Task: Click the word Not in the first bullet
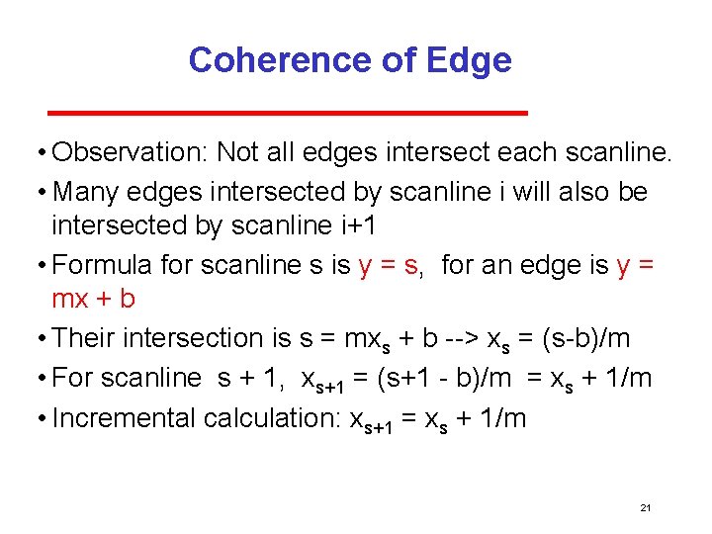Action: [237, 152]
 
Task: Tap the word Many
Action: [87, 191]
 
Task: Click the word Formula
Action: [102, 264]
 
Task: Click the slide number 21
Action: [646, 507]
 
